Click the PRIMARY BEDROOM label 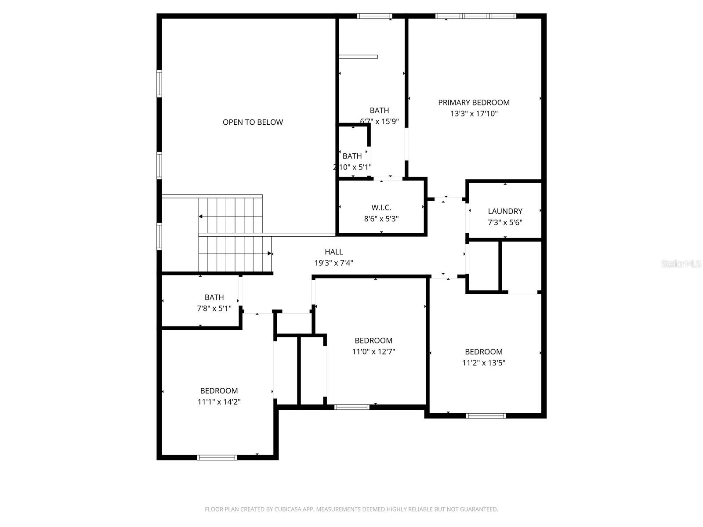point(474,102)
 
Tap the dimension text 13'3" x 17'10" point(474,114)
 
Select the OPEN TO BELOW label point(253,122)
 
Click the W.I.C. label point(381,207)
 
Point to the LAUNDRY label point(505,211)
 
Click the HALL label point(333,252)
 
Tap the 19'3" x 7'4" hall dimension point(333,263)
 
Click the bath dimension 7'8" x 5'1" point(214,308)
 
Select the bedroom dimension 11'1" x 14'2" point(219,402)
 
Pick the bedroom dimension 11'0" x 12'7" point(373,352)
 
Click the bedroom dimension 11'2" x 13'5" point(483,363)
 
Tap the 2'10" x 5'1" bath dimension point(352,167)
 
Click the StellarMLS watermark point(681,263)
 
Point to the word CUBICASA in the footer point(287,509)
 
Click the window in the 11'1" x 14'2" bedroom point(217,458)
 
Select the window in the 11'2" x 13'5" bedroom point(486,415)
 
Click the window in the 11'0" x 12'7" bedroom point(352,407)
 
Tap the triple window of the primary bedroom point(476,16)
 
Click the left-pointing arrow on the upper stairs point(201,217)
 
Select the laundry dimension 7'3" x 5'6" point(505,223)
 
